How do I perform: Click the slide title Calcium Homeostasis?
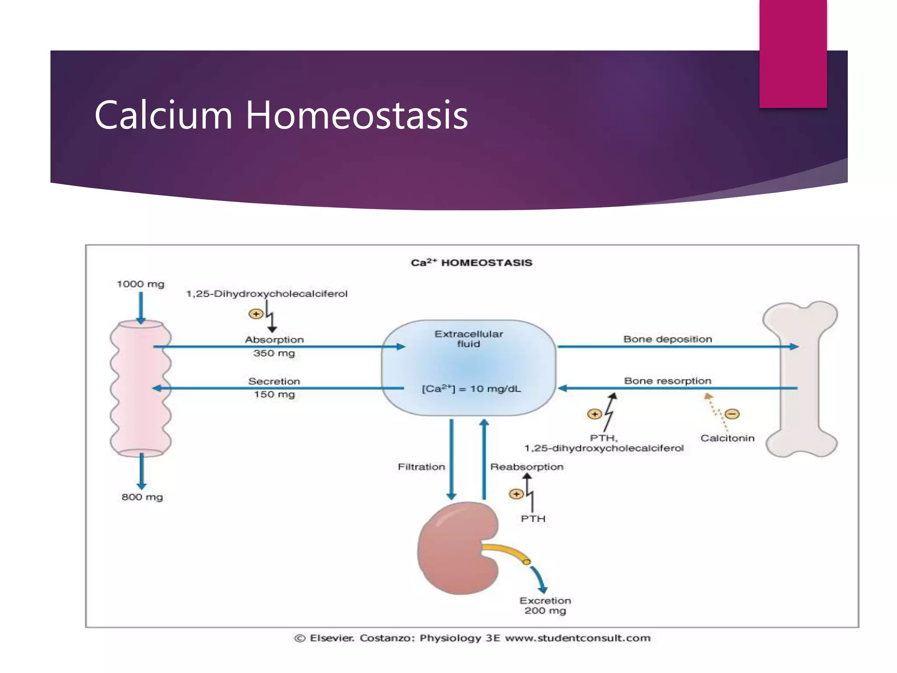click(281, 115)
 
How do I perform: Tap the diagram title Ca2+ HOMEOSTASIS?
click(471, 262)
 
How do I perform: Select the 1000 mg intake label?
click(141, 284)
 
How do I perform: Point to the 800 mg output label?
click(142, 497)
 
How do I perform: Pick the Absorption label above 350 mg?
click(274, 340)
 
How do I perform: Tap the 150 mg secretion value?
click(274, 394)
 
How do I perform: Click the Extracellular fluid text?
click(469, 339)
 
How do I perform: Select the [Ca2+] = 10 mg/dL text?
click(471, 389)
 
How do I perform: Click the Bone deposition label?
click(667, 339)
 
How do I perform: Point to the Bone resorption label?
click(667, 381)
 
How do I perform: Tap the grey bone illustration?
click(800, 379)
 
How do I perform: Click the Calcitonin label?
click(727, 438)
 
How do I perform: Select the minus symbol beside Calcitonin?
click(732, 414)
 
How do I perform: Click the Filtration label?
click(421, 467)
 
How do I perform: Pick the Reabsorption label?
click(526, 467)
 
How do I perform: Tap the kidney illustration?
click(458, 548)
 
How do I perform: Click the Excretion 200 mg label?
click(545, 606)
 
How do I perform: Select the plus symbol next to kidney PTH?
click(516, 494)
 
